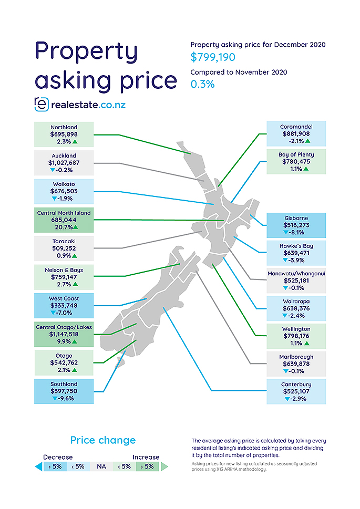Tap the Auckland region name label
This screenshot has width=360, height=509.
tap(64, 155)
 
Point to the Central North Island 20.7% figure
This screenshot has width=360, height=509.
tap(61, 227)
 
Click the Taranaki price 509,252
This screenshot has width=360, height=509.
tap(64, 249)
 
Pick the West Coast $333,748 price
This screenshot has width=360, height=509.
tap(64, 305)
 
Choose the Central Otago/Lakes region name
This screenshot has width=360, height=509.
tap(64, 327)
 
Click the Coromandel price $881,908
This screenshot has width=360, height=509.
tap(296, 134)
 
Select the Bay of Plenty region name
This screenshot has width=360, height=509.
tap(296, 155)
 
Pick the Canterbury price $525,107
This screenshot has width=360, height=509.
tap(296, 391)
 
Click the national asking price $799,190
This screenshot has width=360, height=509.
tap(213, 57)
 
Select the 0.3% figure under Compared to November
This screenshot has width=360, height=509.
tap(202, 84)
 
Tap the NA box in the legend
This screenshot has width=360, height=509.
tap(99, 466)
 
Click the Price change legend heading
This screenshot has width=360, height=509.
tap(103, 440)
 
